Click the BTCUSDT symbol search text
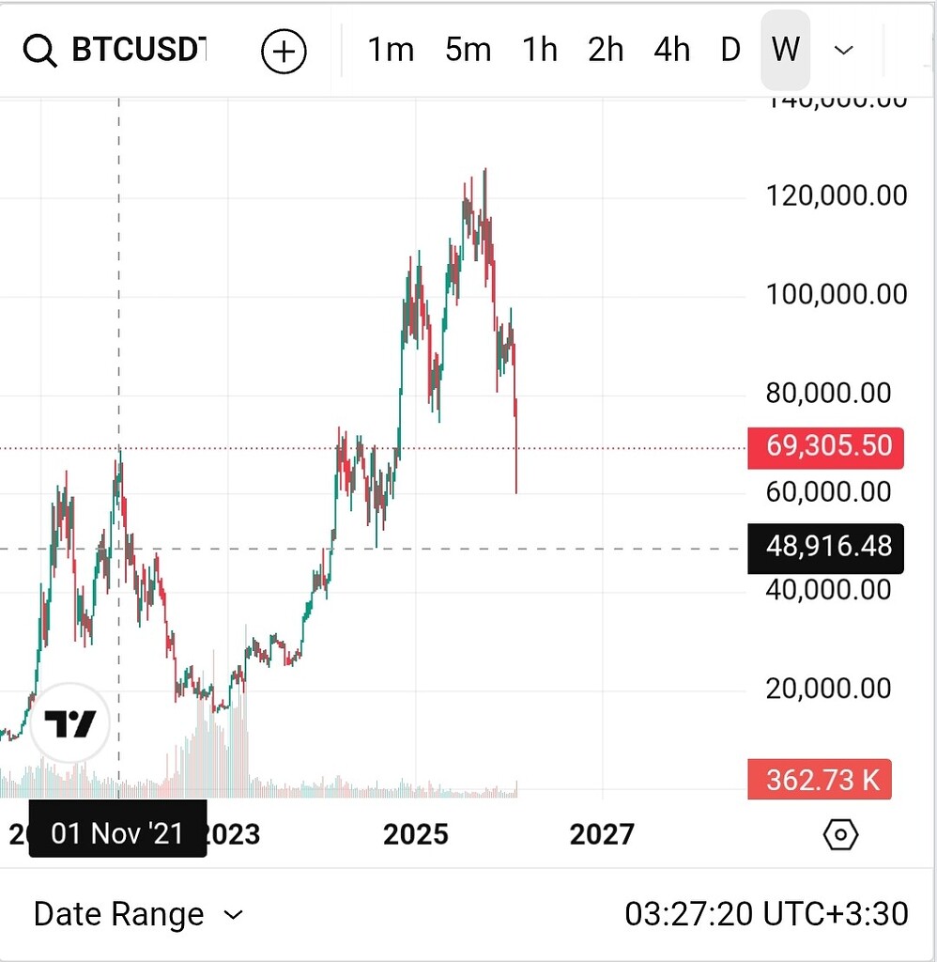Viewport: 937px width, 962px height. pyautogui.click(x=139, y=50)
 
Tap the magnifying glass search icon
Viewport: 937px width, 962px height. pyautogui.click(x=40, y=51)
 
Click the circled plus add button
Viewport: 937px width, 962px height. pyautogui.click(x=284, y=51)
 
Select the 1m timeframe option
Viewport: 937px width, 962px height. pyautogui.click(x=391, y=50)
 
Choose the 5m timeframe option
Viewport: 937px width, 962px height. pyautogui.click(x=468, y=50)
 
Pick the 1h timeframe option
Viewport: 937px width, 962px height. pyautogui.click(x=540, y=50)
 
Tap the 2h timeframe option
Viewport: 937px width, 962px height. pyautogui.click(x=606, y=50)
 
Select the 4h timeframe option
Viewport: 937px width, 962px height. pyautogui.click(x=671, y=50)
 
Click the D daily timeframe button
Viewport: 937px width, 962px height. pyautogui.click(x=730, y=50)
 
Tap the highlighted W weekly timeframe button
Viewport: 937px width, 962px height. pyautogui.click(x=785, y=50)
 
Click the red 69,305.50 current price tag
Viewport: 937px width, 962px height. pyautogui.click(x=826, y=445)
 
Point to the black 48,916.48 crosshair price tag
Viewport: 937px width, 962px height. pyautogui.click(x=826, y=548)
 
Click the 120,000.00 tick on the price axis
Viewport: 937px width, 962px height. pyautogui.click(x=837, y=195)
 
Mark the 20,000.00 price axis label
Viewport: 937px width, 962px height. pyautogui.click(x=829, y=689)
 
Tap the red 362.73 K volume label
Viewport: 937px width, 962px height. pyautogui.click(x=823, y=780)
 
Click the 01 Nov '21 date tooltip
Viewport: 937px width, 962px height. pyautogui.click(x=117, y=832)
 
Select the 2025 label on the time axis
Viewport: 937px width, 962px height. pyautogui.click(x=416, y=834)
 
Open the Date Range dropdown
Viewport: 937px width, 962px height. pyautogui.click(x=138, y=914)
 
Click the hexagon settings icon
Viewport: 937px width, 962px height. pyautogui.click(x=840, y=834)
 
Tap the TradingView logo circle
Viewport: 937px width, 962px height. pyautogui.click(x=70, y=723)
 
